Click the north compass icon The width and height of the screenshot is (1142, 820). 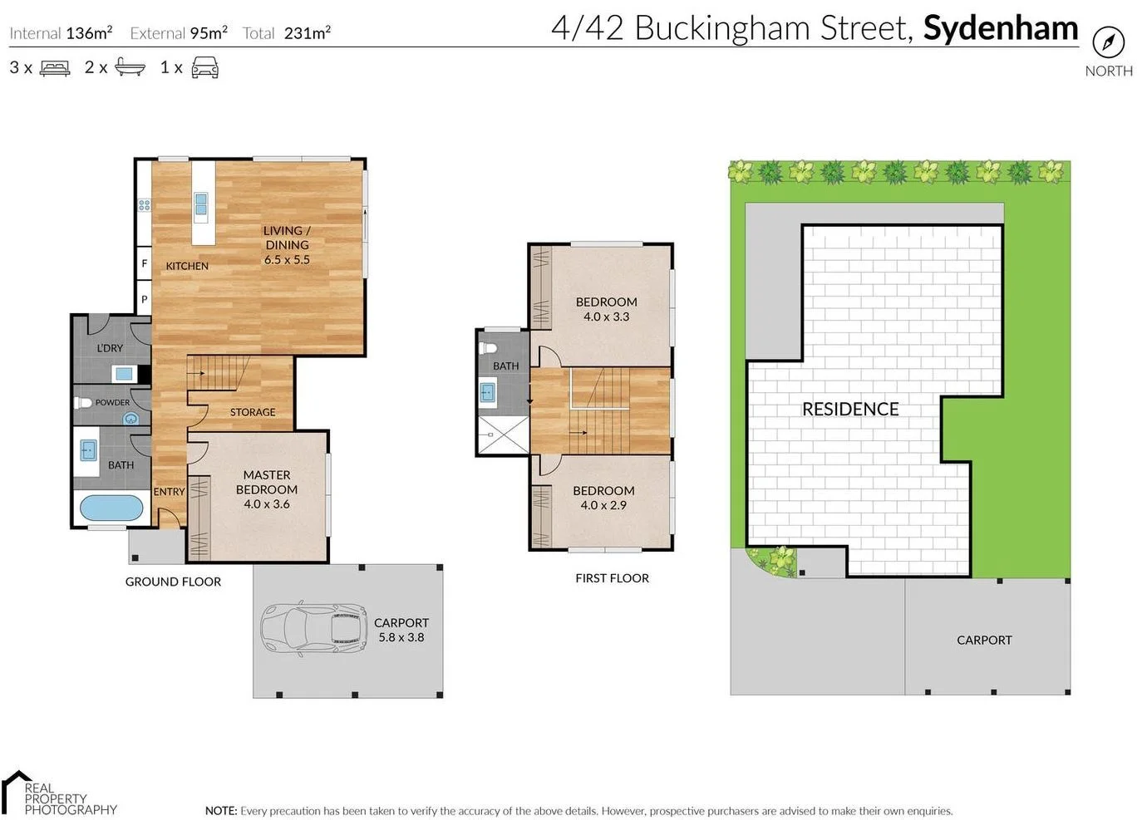[x=1108, y=42]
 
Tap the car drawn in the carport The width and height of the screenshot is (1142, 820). [x=314, y=628]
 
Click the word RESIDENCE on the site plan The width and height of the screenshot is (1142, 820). [x=850, y=409]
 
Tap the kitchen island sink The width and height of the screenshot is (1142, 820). [x=201, y=204]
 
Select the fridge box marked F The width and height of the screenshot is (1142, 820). [x=144, y=264]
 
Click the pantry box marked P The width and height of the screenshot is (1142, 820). [x=144, y=299]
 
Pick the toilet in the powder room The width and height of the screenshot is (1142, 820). [x=83, y=403]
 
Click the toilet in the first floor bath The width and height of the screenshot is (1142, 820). [x=490, y=347]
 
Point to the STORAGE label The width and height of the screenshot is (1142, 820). [x=253, y=412]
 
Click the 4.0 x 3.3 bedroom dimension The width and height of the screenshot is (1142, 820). [x=606, y=317]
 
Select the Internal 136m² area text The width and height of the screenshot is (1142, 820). [x=61, y=33]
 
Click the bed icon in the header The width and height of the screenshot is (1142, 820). [x=55, y=68]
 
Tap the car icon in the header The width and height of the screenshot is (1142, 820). [x=205, y=68]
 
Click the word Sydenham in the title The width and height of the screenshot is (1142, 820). [x=1000, y=28]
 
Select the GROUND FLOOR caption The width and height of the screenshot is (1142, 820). [x=173, y=582]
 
